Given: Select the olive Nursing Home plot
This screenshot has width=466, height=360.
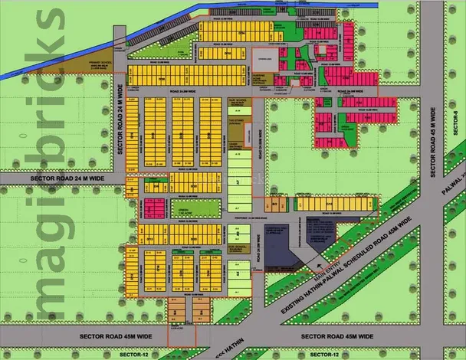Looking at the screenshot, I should [264, 77].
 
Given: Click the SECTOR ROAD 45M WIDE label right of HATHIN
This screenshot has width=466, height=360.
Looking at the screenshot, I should [338, 336].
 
